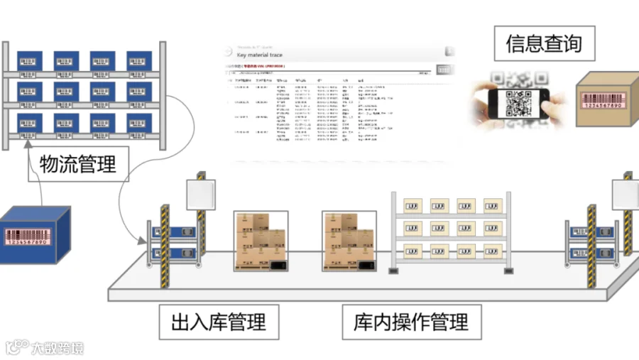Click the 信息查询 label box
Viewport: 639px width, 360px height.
coord(543,44)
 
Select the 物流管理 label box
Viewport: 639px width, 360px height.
coord(78,165)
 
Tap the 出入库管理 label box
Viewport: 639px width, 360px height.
coord(219,322)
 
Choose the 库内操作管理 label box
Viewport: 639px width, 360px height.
coord(411,322)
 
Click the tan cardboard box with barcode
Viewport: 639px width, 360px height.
coord(604,101)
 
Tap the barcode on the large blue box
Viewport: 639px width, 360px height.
coord(28,237)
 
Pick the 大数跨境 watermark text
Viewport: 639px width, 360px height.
coord(57,348)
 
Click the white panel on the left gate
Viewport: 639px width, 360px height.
coord(195,194)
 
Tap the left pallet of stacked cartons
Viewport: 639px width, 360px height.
coord(260,242)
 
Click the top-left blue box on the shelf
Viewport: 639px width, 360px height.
coord(30,61)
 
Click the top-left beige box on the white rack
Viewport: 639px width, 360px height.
coord(414,206)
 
